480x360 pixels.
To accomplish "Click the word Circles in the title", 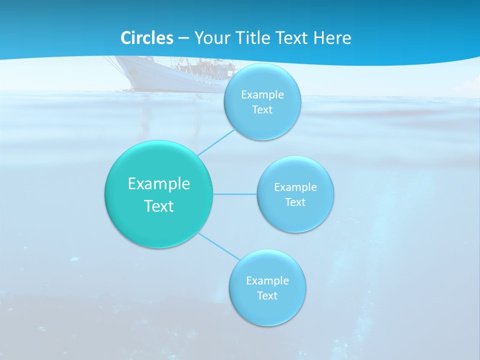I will pyautogui.click(x=146, y=38).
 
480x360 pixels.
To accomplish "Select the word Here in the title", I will pyautogui.click(x=332, y=38).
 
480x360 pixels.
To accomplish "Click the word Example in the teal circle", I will pyautogui.click(x=159, y=184).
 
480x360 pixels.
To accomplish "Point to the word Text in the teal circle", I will pyautogui.click(x=159, y=206).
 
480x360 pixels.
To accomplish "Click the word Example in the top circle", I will pyautogui.click(x=262, y=95).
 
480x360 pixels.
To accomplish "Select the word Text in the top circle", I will pyautogui.click(x=262, y=110).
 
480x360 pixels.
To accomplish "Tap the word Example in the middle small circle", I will pyautogui.click(x=295, y=187).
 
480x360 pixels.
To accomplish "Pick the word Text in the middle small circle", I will pyautogui.click(x=295, y=202).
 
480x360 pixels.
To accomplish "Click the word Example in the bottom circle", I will pyautogui.click(x=267, y=281).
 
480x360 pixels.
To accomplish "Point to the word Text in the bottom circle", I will pyautogui.click(x=267, y=296).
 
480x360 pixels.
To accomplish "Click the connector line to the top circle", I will pyautogui.click(x=216, y=142).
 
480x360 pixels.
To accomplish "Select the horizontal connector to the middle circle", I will pyautogui.click(x=235, y=194).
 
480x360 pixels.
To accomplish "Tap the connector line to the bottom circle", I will pyautogui.click(x=219, y=245).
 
